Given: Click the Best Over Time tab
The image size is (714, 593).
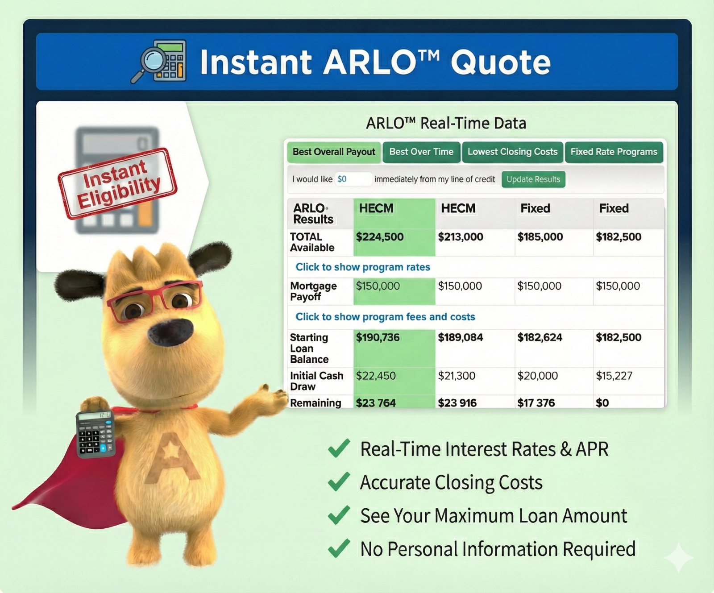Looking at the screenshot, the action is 421,152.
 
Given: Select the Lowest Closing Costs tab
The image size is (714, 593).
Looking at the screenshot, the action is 512,152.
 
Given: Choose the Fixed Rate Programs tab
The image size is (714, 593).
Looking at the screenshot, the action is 614,152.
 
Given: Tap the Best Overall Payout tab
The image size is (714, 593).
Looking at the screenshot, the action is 334,152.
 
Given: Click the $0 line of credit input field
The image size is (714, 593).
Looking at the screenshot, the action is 353,179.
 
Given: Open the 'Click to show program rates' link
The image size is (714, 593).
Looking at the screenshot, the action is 363,267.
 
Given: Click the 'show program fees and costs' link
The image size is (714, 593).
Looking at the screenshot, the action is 385,317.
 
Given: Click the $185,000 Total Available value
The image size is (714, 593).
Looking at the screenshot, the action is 540,237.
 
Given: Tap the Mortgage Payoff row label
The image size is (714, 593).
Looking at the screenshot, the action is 313,291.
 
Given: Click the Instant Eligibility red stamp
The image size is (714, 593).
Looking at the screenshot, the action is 117,183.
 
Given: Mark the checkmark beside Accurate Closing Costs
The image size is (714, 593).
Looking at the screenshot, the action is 339,482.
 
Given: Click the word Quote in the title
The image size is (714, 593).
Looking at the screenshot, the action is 501,62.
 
